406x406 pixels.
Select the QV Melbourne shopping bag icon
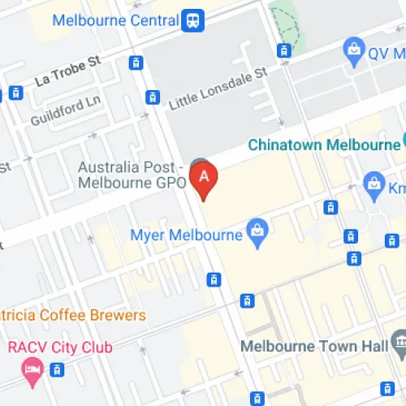click(354, 51)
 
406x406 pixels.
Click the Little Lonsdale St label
click(217, 89)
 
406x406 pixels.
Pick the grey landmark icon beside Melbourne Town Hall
click(399, 346)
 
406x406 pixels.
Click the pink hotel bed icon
click(31, 370)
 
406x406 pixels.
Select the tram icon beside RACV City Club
click(56, 369)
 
